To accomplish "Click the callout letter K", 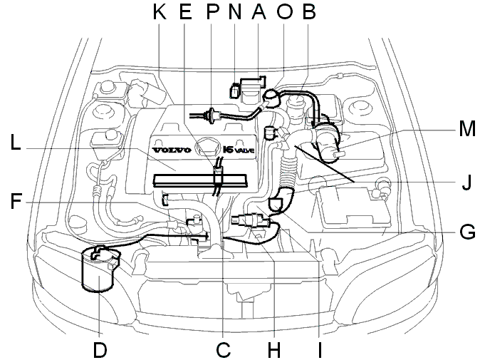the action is point(160,11).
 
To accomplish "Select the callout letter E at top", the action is point(185,11).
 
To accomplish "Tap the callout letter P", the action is point(212,11).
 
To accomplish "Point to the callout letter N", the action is point(235,11).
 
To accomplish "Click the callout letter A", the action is point(259,11).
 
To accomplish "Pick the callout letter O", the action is point(284,11).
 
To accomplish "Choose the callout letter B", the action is point(308,11).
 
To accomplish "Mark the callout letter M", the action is point(467,128).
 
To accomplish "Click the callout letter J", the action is point(466,182).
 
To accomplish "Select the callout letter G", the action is point(467,231).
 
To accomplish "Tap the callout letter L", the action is point(15,142).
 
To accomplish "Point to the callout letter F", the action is point(16,201).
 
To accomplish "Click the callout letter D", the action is point(100,349).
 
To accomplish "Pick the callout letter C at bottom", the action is point(223,349).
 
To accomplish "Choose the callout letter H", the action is point(273,349).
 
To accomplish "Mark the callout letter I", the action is point(320,349).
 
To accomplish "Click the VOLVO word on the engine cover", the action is point(172,150).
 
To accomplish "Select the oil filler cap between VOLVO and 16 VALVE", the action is point(207,146).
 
